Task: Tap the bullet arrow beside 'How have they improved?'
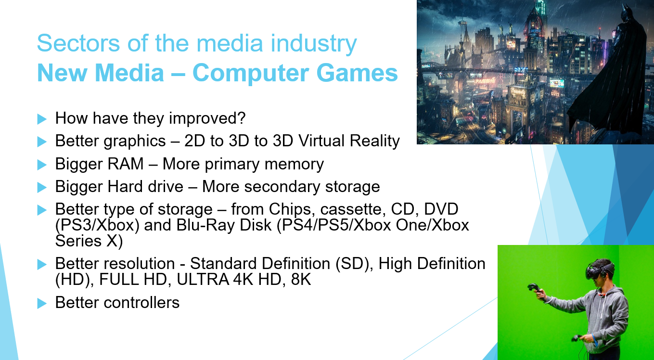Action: tap(42, 118)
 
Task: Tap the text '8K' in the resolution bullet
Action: tap(301, 279)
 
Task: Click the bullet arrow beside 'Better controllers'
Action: tap(42, 303)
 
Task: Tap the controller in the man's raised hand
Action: tap(534, 290)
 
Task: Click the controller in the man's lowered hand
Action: tap(577, 338)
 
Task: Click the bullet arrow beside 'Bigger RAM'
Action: tap(42, 165)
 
